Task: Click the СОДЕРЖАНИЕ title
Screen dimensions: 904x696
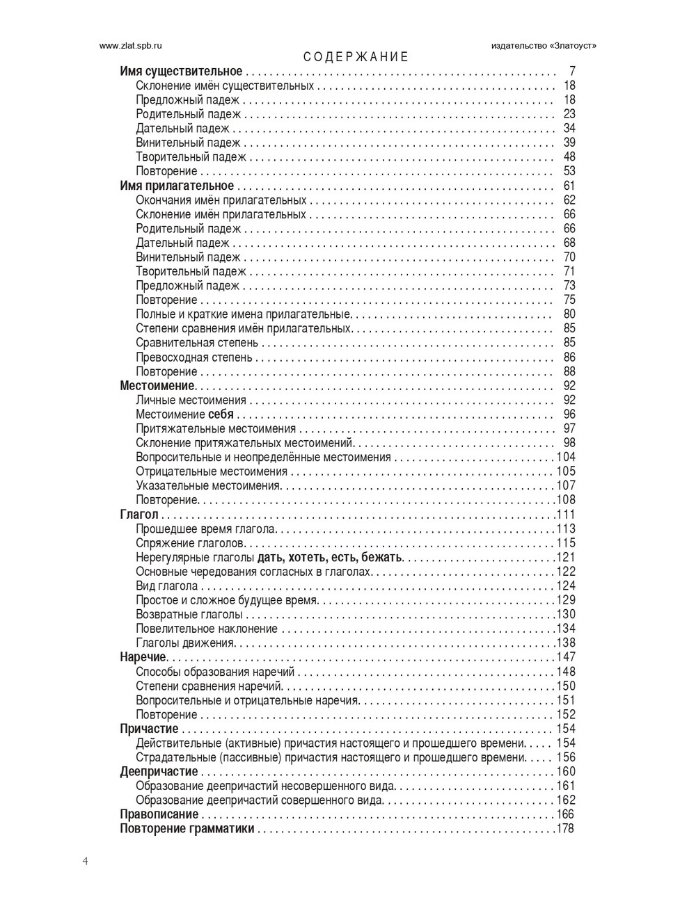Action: pos(356,57)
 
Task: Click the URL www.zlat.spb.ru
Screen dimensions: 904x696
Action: pos(131,45)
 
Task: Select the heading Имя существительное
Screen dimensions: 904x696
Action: pos(181,72)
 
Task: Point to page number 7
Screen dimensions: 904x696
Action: pos(572,72)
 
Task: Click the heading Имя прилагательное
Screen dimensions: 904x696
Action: pos(177,186)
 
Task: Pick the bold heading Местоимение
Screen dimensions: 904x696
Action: pos(157,386)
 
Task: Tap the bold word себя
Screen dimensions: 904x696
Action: pos(221,414)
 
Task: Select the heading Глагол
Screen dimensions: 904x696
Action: pos(139,515)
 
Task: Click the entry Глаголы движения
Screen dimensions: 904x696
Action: pos(185,643)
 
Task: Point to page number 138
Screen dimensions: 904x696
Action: pos(566,643)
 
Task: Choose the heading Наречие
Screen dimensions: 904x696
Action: pos(143,657)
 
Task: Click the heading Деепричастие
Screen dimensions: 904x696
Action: pos(159,772)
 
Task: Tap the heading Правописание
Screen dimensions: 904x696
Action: pos(159,814)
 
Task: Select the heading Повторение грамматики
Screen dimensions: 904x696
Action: pos(187,829)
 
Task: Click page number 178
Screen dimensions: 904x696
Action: pos(566,829)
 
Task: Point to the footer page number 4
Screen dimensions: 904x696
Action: pos(85,862)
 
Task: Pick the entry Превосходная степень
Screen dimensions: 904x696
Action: pos(194,357)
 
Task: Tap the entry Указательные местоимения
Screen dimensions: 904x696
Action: pos(207,485)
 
